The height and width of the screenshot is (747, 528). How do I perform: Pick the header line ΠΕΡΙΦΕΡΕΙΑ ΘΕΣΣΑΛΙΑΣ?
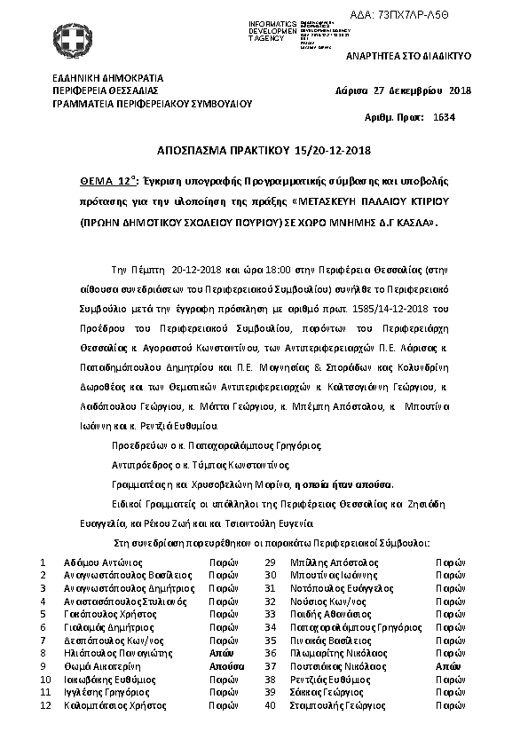coord(105,90)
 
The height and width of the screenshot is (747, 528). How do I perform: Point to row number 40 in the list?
coord(270,706)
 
